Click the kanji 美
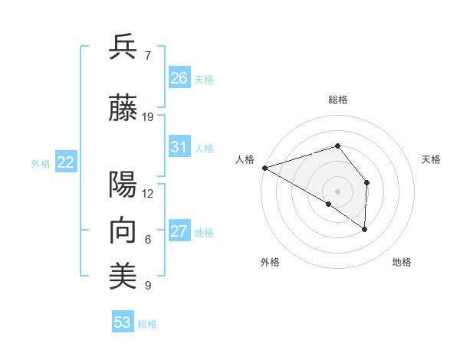[x=123, y=277]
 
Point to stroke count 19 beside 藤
[x=148, y=117]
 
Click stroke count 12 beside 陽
[x=148, y=194]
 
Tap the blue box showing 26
[x=179, y=78]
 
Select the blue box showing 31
[x=179, y=147]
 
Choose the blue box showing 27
[x=179, y=231]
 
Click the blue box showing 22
[x=66, y=162]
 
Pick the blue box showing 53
[x=122, y=322]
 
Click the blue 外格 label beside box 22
[x=41, y=163]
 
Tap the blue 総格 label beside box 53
[x=147, y=324]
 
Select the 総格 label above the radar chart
[x=337, y=100]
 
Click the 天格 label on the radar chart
[x=432, y=159]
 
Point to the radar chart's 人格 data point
[x=264, y=167]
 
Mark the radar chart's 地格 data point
[x=365, y=228]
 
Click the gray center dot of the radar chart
[x=337, y=191]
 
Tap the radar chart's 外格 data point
[x=329, y=204]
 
